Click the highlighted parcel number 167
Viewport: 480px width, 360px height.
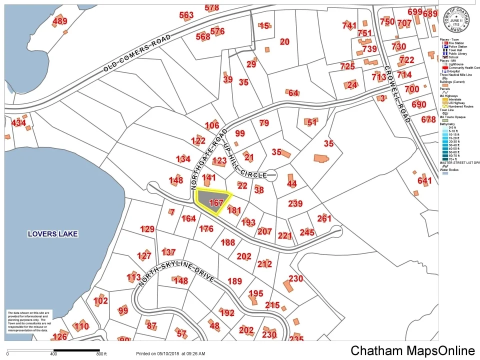(216, 203)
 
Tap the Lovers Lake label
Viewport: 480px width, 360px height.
(53, 233)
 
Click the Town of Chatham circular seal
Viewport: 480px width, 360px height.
(455, 18)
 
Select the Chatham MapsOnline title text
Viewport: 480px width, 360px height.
(412, 350)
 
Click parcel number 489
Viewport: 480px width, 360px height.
(59, 21)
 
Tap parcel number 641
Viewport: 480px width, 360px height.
(424, 180)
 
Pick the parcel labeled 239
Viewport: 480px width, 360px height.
(295, 203)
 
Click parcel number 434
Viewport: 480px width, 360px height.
(18, 122)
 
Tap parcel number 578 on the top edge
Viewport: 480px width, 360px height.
(212, 7)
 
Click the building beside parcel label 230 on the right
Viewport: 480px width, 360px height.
(288, 286)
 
